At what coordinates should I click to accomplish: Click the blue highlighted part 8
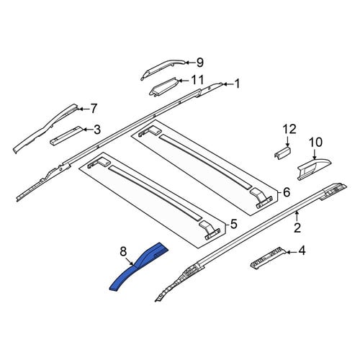[138, 267]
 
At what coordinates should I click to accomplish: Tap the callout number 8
[123, 251]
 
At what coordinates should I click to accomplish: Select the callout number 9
[200, 63]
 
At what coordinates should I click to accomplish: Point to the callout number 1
[237, 84]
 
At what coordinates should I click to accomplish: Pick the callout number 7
[94, 109]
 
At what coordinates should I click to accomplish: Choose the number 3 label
[97, 130]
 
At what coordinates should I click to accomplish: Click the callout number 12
[289, 129]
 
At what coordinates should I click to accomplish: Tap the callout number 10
[315, 143]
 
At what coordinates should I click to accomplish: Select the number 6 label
[287, 192]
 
